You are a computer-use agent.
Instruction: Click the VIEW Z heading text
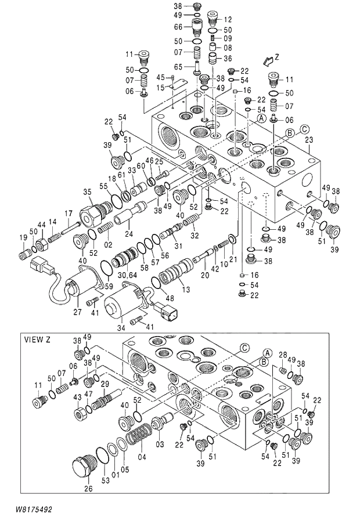[37, 339]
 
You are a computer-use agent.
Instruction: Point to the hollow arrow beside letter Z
[267, 60]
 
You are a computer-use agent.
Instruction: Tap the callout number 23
[308, 140]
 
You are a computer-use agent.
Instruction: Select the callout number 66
[179, 27]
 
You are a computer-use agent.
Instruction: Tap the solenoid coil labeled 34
[121, 304]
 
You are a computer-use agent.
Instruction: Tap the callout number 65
[179, 67]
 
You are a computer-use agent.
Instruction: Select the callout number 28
[283, 355]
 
